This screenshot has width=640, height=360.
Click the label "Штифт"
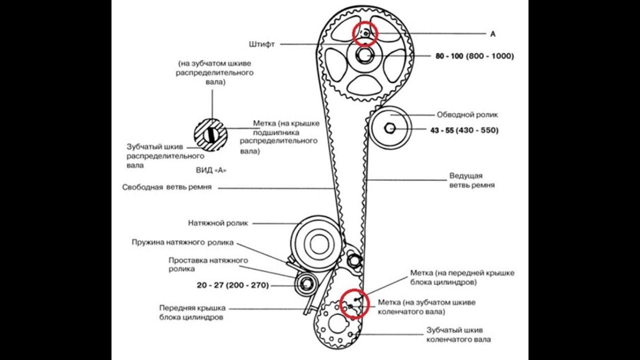(262, 44)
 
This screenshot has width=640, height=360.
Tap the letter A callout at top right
(492, 34)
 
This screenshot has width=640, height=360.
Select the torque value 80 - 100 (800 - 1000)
(474, 56)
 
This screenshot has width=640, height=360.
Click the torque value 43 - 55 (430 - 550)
(464, 130)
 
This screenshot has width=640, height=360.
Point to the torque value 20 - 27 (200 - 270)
(232, 285)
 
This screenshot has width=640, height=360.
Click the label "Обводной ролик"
(467, 114)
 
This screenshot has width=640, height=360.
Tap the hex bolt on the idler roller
(390, 129)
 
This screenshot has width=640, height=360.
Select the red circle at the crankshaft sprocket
(354, 303)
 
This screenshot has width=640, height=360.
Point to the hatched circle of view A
(210, 135)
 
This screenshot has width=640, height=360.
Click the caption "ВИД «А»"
(211, 170)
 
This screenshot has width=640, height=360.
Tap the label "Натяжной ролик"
(218, 223)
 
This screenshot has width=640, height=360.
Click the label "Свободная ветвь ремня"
(167, 188)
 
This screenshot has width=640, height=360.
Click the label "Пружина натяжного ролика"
(182, 243)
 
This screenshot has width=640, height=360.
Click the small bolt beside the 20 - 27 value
(305, 285)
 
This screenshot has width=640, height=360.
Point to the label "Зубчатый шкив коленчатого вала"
(458, 335)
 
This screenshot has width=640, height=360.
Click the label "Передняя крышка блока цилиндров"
(192, 312)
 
